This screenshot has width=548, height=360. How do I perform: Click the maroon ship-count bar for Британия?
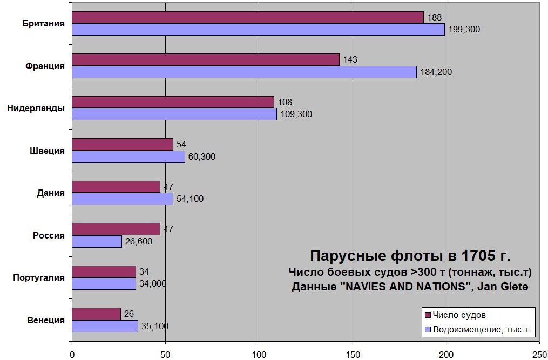(247, 17)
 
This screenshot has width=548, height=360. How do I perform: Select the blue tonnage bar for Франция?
(244, 72)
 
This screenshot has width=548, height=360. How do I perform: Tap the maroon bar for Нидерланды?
(173, 102)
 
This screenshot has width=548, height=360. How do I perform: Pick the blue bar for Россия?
(97, 241)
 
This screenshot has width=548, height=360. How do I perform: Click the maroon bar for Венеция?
(96, 314)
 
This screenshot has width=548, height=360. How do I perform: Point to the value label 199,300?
(464, 30)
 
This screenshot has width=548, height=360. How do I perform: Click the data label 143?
(350, 60)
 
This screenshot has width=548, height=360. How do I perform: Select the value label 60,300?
(201, 157)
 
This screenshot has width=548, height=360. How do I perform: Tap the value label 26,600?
(138, 241)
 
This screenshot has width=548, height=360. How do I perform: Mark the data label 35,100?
(154, 326)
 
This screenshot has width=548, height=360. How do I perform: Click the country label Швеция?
(47, 151)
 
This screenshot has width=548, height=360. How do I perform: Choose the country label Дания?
(51, 193)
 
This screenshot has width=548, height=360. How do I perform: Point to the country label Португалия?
(39, 277)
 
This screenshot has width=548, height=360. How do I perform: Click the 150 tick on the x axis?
(353, 354)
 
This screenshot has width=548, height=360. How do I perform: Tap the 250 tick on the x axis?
(539, 354)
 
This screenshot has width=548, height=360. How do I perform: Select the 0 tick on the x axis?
(72, 354)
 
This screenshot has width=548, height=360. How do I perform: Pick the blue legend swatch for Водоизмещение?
(428, 329)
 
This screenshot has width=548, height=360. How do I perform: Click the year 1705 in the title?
(476, 255)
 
